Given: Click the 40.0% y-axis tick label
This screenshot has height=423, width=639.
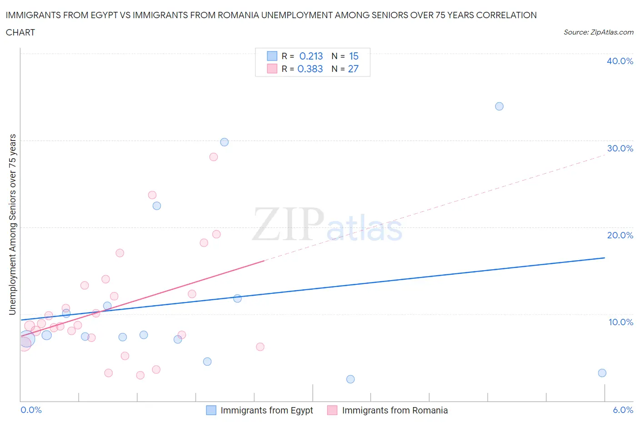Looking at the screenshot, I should [620, 61].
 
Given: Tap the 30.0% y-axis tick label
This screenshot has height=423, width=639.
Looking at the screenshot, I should [620, 148].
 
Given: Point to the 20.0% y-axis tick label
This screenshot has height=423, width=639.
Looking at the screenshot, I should [620, 235].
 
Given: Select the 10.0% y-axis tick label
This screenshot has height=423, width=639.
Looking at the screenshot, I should [621, 322].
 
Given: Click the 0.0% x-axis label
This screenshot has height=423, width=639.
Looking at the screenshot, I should [31, 410].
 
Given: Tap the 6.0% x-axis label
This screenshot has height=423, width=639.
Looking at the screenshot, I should [623, 410].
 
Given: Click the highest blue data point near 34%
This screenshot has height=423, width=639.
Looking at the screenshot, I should [499, 106].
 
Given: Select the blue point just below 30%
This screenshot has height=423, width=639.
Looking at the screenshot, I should [224, 142].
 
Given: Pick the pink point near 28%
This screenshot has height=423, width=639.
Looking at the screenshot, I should [214, 157].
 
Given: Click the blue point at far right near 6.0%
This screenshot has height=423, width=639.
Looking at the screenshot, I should [602, 373].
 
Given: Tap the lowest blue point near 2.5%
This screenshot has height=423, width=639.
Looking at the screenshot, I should [350, 379].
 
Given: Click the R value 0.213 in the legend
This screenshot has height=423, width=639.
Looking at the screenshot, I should [311, 56].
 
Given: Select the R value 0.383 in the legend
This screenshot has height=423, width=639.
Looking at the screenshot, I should [310, 69].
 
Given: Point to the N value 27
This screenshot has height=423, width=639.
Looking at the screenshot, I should [353, 69].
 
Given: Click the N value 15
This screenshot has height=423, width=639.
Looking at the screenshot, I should [354, 56].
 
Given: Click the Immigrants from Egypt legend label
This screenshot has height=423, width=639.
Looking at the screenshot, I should [267, 410].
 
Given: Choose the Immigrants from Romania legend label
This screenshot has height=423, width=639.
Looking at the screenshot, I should [394, 410].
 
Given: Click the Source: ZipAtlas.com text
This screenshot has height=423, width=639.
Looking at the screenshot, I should [598, 32].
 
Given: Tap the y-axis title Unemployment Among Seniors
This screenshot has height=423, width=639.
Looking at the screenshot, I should [13, 224].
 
